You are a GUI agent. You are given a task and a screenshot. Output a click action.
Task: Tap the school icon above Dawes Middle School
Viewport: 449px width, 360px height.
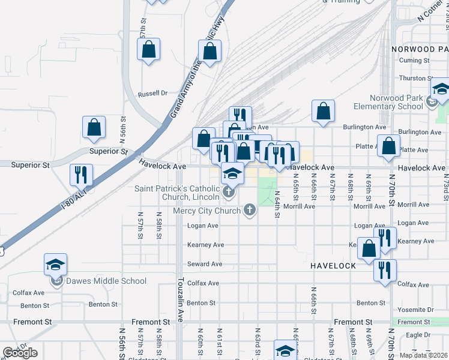pyautogui.click(x=55, y=265)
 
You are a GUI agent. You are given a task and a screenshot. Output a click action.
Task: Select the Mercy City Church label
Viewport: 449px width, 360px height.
pyautogui.click(x=206, y=211)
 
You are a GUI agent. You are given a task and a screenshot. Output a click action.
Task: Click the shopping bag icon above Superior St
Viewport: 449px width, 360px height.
pyautogui.click(x=94, y=127)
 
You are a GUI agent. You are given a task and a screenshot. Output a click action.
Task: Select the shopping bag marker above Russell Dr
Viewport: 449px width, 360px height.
pyautogui.click(x=149, y=50)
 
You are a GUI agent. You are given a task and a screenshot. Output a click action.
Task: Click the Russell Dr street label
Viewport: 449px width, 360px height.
pyautogui.click(x=152, y=94)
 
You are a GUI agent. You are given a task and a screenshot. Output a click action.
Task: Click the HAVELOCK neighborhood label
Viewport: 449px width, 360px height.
pyautogui.click(x=334, y=265)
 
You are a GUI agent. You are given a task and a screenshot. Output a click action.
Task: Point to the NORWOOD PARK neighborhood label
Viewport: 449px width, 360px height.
pyautogui.click(x=418, y=49)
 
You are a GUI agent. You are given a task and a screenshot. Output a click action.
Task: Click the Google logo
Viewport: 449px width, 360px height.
pyautogui.click(x=20, y=353)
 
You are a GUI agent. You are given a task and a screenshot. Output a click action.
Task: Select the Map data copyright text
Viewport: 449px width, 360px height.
pyautogui.click(x=423, y=355)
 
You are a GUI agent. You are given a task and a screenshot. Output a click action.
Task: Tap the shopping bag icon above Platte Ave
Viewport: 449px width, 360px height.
pyautogui.click(x=389, y=146)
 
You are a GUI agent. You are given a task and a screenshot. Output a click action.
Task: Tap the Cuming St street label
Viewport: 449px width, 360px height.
pyautogui.click(x=414, y=61)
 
